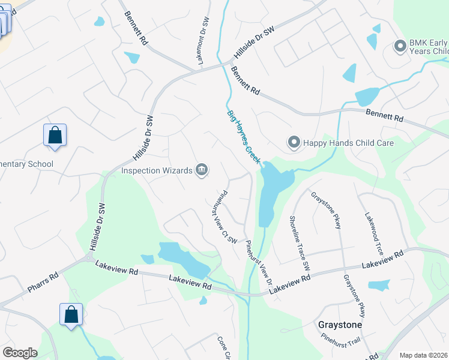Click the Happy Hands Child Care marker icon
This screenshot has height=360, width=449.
294,142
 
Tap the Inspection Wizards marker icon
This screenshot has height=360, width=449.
202,170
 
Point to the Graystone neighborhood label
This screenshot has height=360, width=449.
340,325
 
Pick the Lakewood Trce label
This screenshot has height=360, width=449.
372,233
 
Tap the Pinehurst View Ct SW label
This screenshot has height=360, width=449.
223,217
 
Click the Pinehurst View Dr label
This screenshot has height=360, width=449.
260,263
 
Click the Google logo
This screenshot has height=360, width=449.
20,353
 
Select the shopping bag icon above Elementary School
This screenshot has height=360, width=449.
55,135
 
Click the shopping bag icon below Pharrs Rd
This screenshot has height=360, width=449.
71,314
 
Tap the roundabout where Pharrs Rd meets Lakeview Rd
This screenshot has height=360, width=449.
90,259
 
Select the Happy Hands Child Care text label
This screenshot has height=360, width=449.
348,143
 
